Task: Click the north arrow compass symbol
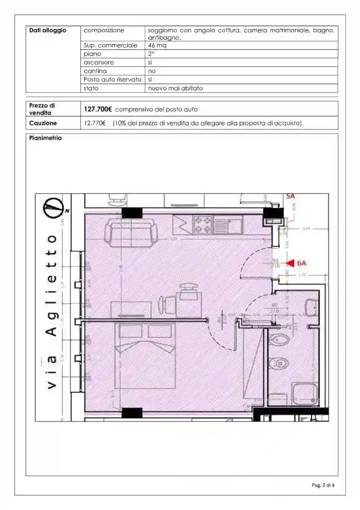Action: click(53, 207)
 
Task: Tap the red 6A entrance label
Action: click(301, 263)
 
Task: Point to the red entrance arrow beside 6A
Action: click(290, 263)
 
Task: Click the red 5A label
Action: click(291, 196)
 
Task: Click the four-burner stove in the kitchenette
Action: click(202, 224)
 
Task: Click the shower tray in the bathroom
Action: click(305, 393)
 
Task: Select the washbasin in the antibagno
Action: click(311, 308)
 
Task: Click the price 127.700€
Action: click(99, 109)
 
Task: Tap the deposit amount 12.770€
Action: click(95, 123)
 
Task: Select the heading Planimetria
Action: click(45, 138)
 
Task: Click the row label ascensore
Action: click(99, 63)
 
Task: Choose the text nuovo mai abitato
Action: click(175, 88)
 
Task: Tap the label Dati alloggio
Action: click(48, 30)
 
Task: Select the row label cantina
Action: click(95, 71)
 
